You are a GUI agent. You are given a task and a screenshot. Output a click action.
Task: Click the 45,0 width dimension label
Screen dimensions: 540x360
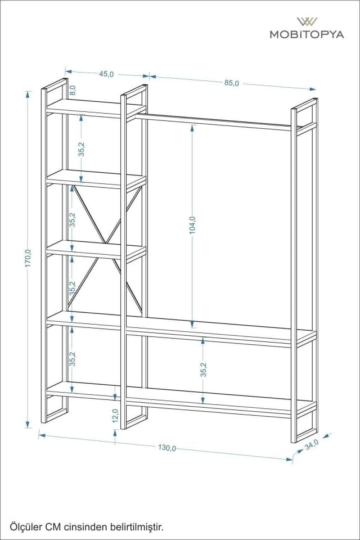[x=107, y=74]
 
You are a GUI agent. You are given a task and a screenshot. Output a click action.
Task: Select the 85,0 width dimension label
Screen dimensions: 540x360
[x=232, y=83]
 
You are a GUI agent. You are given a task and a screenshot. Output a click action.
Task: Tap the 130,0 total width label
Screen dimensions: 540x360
[x=167, y=448]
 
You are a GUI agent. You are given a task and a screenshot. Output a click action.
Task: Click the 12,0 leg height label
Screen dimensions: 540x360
[x=115, y=416]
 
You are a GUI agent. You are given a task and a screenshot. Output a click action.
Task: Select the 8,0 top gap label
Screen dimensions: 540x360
[x=73, y=89]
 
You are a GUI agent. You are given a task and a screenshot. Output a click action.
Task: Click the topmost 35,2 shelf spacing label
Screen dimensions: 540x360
[x=82, y=149]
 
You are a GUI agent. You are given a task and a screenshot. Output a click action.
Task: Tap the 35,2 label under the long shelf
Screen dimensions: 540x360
[x=203, y=370]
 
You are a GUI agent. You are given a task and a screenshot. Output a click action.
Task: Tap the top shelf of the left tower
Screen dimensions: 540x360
[x=93, y=107]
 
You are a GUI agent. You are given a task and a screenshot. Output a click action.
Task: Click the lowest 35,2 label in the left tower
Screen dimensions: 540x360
[x=72, y=358]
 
